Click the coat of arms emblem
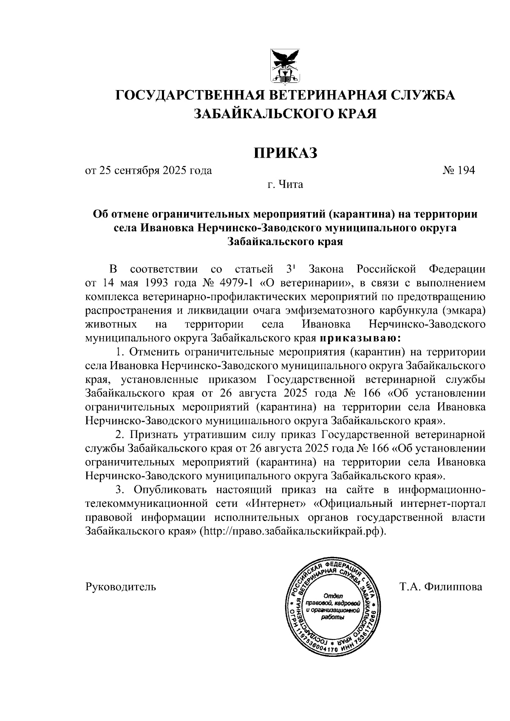point(286,66)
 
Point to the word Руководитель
point(121,587)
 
